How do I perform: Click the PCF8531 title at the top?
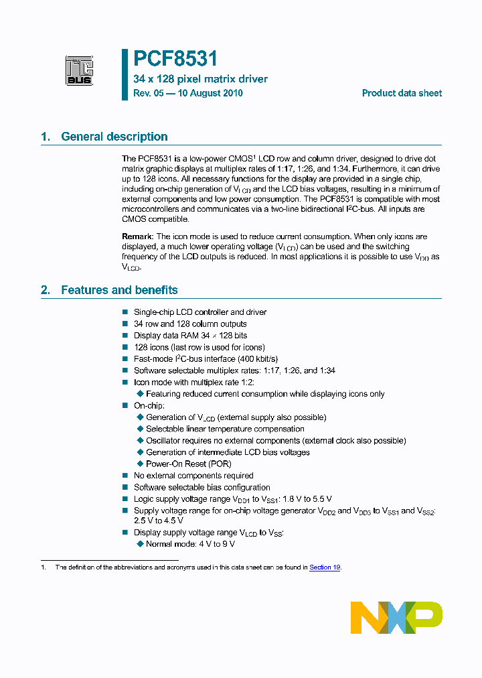[175, 59]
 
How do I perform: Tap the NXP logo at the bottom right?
[396, 617]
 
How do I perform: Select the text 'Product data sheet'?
[402, 93]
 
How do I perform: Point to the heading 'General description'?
[114, 137]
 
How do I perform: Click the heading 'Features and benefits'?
[119, 290]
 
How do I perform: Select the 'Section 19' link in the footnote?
[325, 567]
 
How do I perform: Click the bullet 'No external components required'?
[193, 476]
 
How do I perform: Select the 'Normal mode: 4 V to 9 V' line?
[190, 544]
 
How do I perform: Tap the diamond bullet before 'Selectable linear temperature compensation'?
[140, 429]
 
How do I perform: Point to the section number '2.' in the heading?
[46, 290]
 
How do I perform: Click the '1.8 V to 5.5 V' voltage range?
[309, 499]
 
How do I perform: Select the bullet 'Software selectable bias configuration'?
[202, 488]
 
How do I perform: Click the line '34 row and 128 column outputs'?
[190, 324]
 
